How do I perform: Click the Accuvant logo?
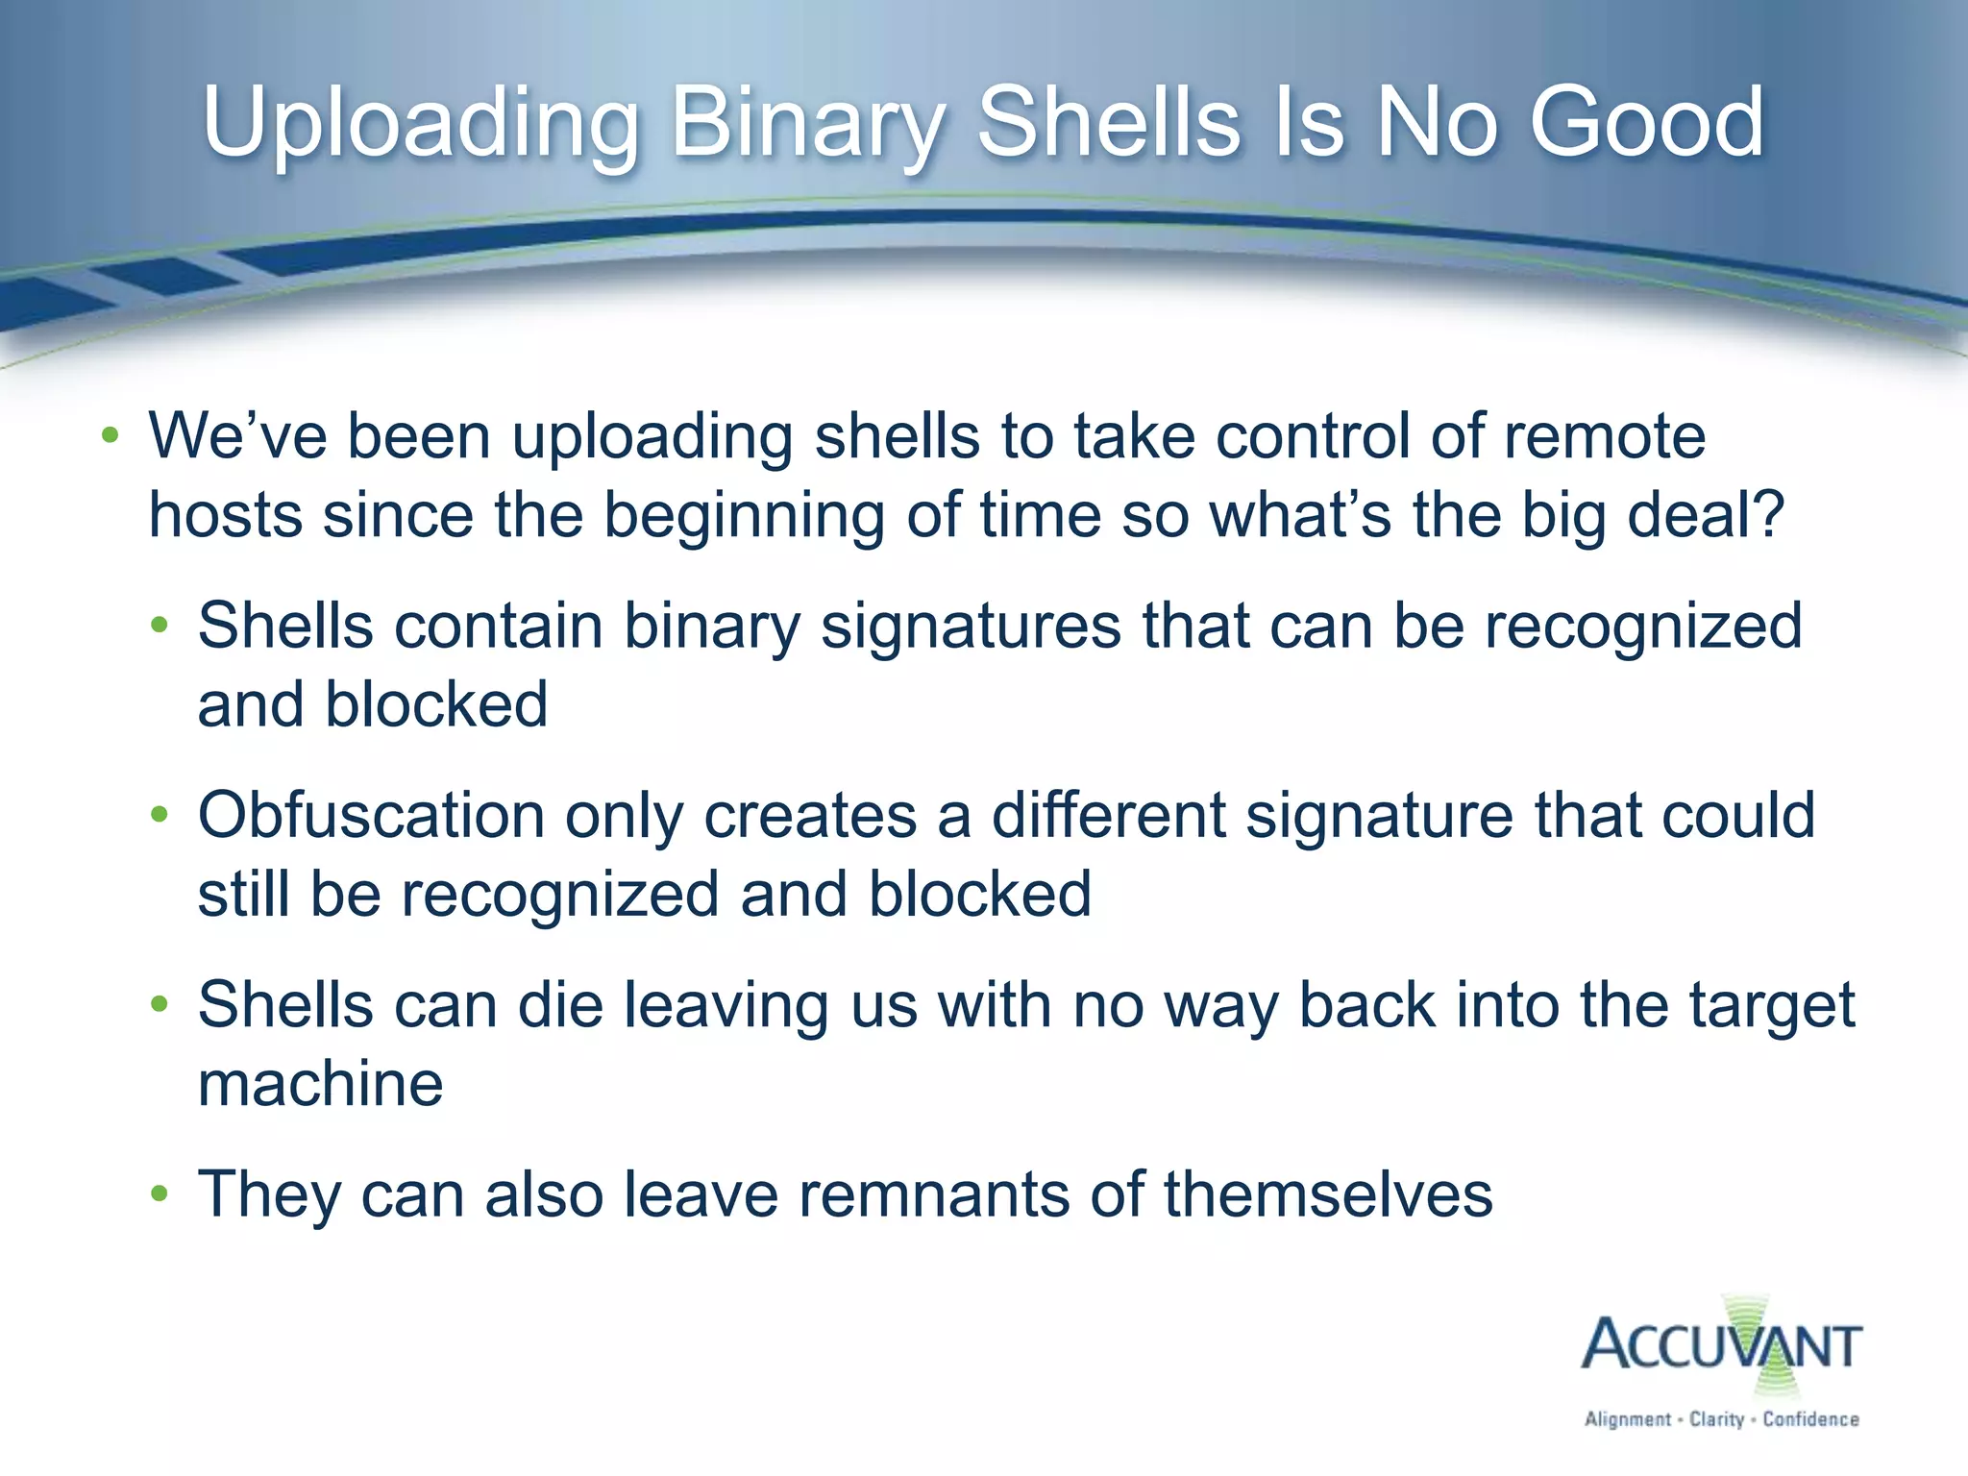pyautogui.click(x=1721, y=1345)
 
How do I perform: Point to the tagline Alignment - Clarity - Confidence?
pyautogui.click(x=1721, y=1419)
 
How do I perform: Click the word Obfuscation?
pyautogui.click(x=371, y=817)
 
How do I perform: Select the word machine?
pyautogui.click(x=320, y=1085)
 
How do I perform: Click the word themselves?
pyautogui.click(x=1328, y=1195)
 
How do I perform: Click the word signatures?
pyautogui.click(x=971, y=627)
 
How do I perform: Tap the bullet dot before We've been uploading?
pyautogui.click(x=111, y=436)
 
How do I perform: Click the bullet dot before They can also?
pyautogui.click(x=160, y=1194)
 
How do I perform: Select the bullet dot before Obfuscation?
pyautogui.click(x=160, y=816)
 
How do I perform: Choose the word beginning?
pyautogui.click(x=743, y=516)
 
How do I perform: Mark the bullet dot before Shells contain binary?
pyautogui.click(x=160, y=627)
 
